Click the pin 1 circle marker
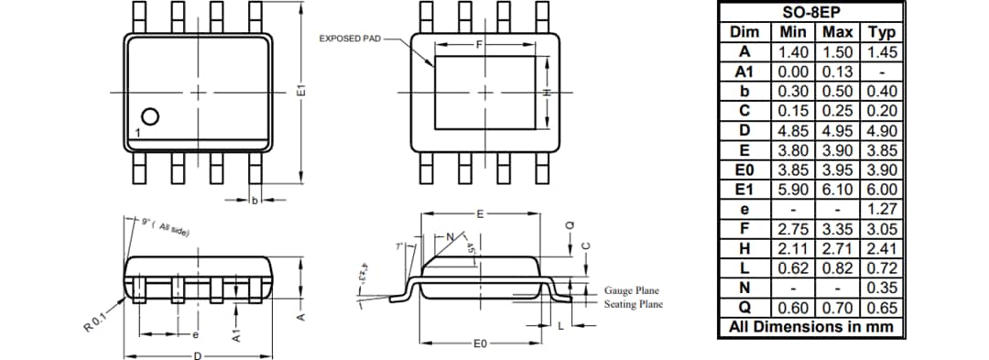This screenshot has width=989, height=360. coord(150,116)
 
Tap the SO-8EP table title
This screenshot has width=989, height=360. coord(810,12)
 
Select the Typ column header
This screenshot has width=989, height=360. coord(881,32)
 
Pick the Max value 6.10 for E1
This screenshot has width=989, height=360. coord(838,189)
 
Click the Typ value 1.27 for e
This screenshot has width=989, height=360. coord(881,209)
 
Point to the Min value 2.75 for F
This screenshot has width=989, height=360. coord(793,228)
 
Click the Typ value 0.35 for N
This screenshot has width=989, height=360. coord(881,287)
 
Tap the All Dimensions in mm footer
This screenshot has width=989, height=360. coord(810,326)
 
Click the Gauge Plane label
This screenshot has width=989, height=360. coord(631,290)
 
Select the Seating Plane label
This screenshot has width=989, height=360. coord(633,304)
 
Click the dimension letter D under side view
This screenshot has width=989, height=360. coord(197,355)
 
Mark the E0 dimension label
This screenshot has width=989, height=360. coord(480,344)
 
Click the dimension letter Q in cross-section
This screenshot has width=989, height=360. coord(570,224)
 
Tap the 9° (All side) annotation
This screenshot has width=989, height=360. coord(166,226)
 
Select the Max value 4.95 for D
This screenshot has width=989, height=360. coord(838,130)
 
